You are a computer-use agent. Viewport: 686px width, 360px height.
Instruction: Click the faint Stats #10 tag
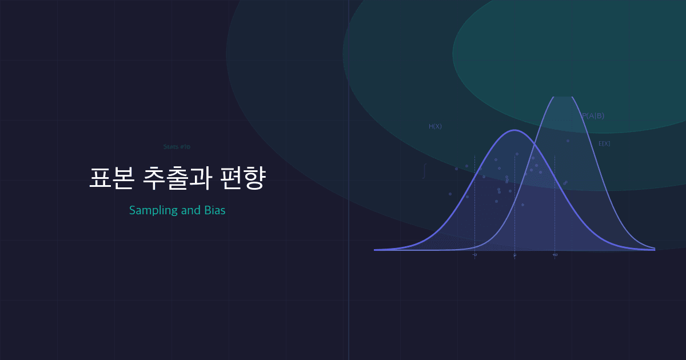pyautogui.click(x=177, y=147)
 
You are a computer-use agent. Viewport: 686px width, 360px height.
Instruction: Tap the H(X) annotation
pyautogui.click(x=435, y=127)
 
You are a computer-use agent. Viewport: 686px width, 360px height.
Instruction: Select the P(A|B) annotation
pyautogui.click(x=593, y=116)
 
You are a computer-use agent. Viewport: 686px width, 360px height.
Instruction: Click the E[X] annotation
pyautogui.click(x=604, y=144)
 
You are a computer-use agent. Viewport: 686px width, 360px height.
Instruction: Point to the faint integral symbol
pyautogui.click(x=424, y=171)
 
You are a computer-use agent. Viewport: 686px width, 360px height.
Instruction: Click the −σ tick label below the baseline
pyautogui.click(x=474, y=255)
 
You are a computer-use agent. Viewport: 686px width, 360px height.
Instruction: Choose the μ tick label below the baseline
pyautogui.click(x=514, y=255)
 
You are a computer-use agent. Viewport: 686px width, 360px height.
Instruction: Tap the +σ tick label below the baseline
pyautogui.click(x=555, y=255)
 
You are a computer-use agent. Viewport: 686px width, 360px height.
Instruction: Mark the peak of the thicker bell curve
pyautogui.click(x=514, y=130)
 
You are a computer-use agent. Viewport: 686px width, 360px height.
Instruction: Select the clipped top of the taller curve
pyautogui.click(x=563, y=97)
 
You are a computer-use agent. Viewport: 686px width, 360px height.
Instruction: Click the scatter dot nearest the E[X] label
pyautogui.click(x=568, y=141)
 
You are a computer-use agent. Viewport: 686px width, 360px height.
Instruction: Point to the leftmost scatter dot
pyautogui.click(x=450, y=194)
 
